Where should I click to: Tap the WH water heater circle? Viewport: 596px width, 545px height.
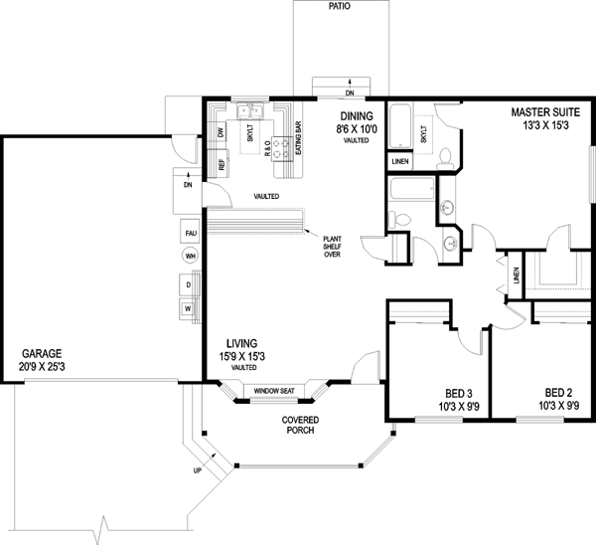(x=191, y=257)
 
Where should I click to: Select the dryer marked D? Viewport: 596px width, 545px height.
(x=189, y=284)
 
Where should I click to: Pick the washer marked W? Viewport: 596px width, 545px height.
(x=188, y=309)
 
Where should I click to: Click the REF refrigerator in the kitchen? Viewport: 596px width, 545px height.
(x=221, y=164)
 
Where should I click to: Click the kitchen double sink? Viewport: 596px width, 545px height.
(x=250, y=111)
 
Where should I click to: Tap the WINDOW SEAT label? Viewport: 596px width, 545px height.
(x=274, y=391)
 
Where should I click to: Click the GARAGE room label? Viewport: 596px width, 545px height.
(x=42, y=354)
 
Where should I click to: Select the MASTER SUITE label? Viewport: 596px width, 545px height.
(x=545, y=112)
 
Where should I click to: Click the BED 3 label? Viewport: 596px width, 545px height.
(x=459, y=393)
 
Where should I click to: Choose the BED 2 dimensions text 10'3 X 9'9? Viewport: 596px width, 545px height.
(x=558, y=406)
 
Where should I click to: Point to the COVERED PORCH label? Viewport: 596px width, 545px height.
(x=300, y=425)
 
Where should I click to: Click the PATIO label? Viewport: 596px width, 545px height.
(x=340, y=6)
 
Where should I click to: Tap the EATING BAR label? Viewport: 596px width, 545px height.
(x=298, y=138)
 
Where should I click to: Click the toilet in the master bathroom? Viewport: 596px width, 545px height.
(x=445, y=159)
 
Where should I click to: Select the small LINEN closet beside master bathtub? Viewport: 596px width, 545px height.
(x=400, y=161)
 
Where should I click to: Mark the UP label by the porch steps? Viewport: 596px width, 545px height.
(x=198, y=470)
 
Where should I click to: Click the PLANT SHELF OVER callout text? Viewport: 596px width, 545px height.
(x=332, y=247)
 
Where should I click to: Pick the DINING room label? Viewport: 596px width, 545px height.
(x=357, y=116)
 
